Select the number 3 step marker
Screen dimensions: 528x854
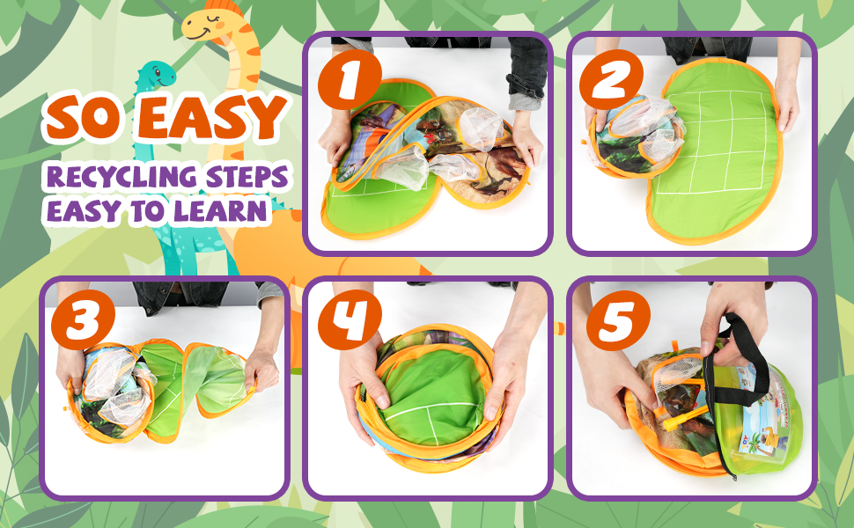[x=85, y=323]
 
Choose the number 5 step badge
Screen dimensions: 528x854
[x=614, y=323]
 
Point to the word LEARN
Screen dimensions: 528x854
[x=220, y=211]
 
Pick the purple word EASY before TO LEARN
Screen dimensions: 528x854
[x=84, y=211]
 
